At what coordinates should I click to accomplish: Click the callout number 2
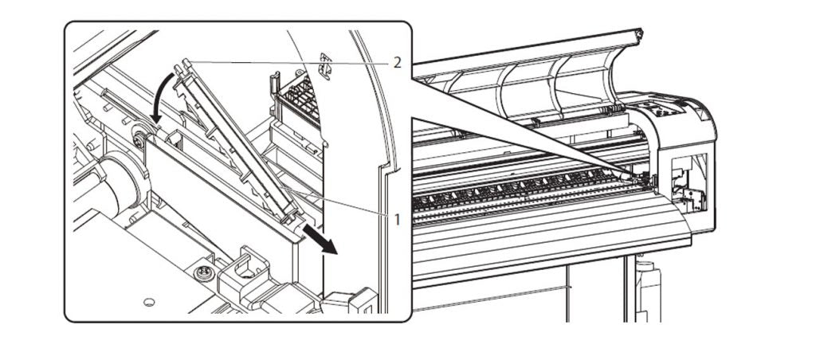pyautogui.click(x=397, y=64)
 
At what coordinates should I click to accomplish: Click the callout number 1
pyautogui.click(x=397, y=220)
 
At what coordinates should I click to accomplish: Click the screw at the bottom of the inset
pyautogui.click(x=203, y=272)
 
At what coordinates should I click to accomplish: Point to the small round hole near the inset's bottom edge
pyautogui.click(x=149, y=302)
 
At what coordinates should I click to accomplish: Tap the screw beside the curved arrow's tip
pyautogui.click(x=139, y=139)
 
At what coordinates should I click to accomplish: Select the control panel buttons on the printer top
pyautogui.click(x=661, y=109)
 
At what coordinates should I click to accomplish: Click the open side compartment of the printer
pyautogui.click(x=689, y=184)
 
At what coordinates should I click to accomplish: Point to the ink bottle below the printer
pyautogui.click(x=649, y=290)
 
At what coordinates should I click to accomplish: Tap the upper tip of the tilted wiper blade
pyautogui.click(x=182, y=65)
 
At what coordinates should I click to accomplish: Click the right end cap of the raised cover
pyautogui.click(x=638, y=33)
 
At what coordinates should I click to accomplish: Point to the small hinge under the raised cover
pyautogui.click(x=614, y=109)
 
